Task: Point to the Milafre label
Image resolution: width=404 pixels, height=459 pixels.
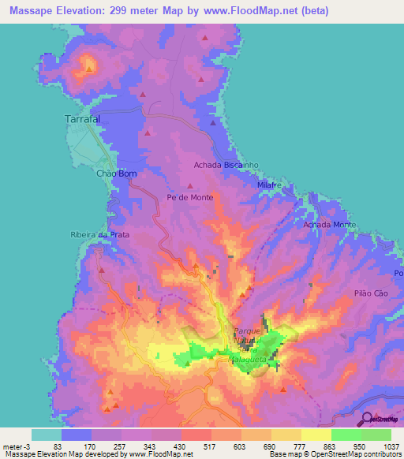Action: pos(270,184)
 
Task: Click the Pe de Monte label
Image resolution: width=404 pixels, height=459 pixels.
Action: pos(189,197)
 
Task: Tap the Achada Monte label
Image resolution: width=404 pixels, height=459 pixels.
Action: pos(330,225)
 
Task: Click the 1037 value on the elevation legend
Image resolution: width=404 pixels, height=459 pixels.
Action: pos(391,447)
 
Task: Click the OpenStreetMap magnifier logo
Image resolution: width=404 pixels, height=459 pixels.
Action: pos(368,419)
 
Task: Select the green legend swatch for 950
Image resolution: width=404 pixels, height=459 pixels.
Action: pos(346,435)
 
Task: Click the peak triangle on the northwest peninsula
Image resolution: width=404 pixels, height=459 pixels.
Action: pos(89,69)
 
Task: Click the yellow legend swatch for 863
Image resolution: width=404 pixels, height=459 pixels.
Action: pos(316,435)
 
